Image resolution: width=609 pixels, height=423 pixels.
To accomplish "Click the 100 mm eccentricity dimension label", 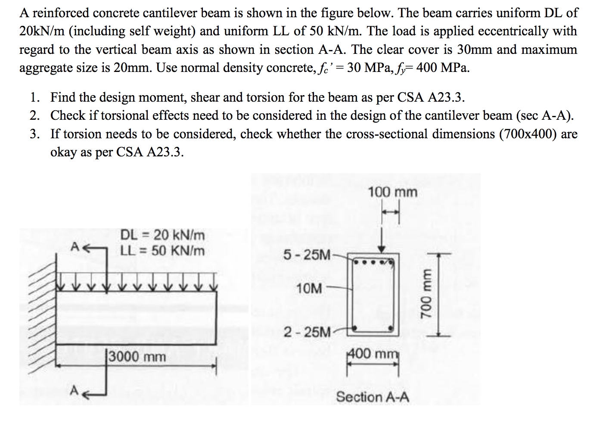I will (x=392, y=192).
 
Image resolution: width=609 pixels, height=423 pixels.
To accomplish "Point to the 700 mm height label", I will (x=427, y=294).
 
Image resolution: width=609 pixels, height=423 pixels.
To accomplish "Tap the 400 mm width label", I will (x=373, y=354).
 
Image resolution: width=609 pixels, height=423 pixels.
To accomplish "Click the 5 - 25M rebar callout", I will (x=307, y=255).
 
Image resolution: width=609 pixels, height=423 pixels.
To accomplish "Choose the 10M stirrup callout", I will (x=309, y=288).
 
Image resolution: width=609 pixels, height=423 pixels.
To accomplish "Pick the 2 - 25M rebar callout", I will (x=307, y=332).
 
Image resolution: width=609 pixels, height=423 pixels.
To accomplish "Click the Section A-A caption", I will (x=373, y=397).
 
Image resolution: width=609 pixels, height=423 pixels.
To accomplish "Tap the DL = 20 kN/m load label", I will (x=162, y=235).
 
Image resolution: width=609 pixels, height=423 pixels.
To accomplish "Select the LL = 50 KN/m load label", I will (x=162, y=251).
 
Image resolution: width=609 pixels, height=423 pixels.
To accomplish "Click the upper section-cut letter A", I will (x=75, y=247).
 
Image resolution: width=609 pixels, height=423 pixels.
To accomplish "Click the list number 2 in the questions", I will (x=35, y=115).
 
